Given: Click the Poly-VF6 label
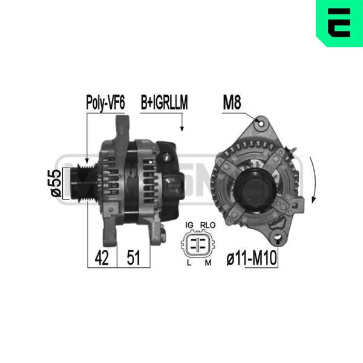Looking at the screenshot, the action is (x=105, y=103).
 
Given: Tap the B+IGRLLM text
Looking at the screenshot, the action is (x=164, y=102).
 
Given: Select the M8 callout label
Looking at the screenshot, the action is (x=232, y=102).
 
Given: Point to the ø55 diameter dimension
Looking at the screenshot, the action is (x=56, y=183).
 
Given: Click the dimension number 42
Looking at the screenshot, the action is (x=102, y=258).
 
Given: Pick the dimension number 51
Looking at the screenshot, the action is (x=134, y=258).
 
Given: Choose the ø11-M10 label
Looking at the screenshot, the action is (x=252, y=258).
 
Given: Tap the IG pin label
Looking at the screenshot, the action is (x=189, y=225).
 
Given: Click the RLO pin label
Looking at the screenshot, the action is (x=208, y=225).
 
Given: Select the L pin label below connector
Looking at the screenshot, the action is (x=189, y=263).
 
